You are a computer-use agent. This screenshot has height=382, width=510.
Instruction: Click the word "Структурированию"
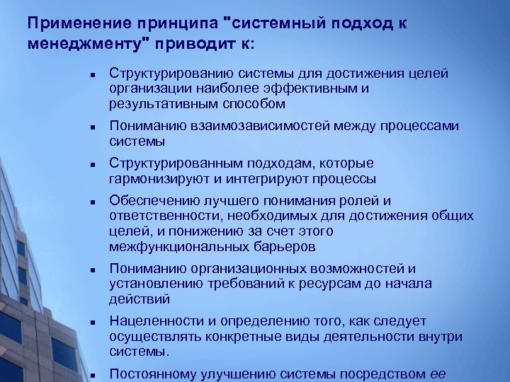(x=162, y=74)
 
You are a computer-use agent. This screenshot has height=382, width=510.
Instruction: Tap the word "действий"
(x=135, y=299)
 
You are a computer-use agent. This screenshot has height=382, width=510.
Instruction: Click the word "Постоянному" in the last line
(x=146, y=374)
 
